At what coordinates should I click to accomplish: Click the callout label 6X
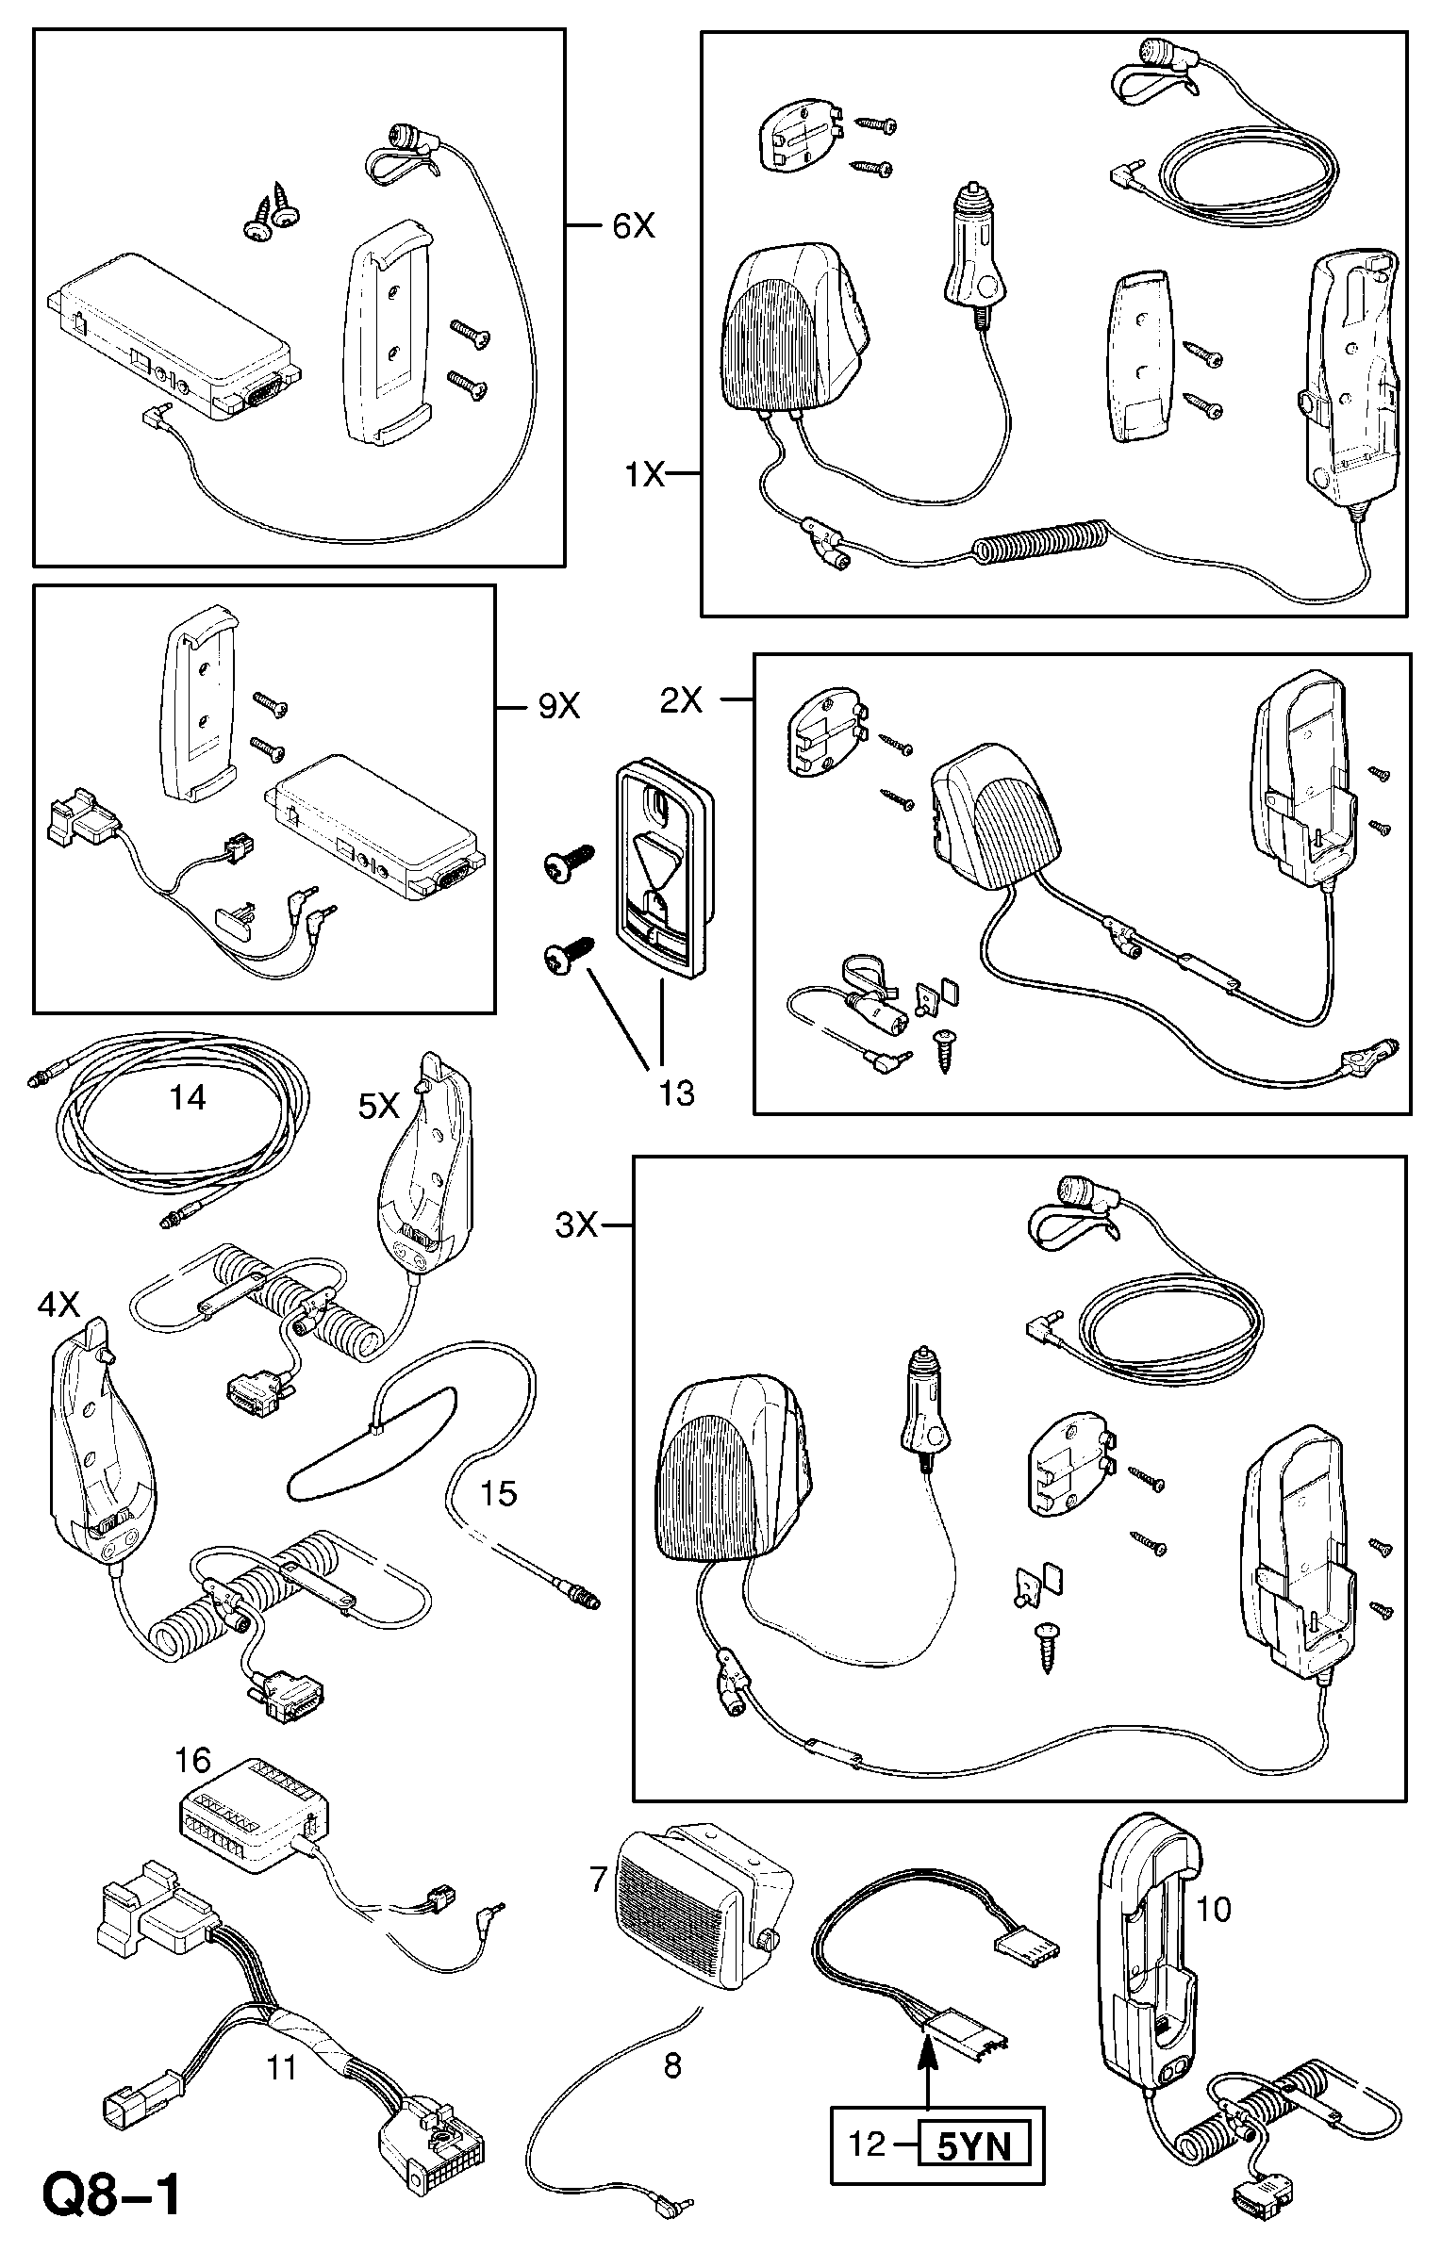pos(633,225)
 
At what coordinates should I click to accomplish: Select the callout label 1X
pos(645,474)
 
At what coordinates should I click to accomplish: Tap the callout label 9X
pos(558,706)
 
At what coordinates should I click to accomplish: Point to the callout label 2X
pos(681,699)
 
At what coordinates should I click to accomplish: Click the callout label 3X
pos(577,1225)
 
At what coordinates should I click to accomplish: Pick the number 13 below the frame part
pos(676,1093)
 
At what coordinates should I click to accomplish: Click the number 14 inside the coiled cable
pos(188,1096)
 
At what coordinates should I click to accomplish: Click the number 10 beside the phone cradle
pos(1214,1909)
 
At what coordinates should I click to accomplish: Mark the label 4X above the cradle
pos(58,1304)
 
